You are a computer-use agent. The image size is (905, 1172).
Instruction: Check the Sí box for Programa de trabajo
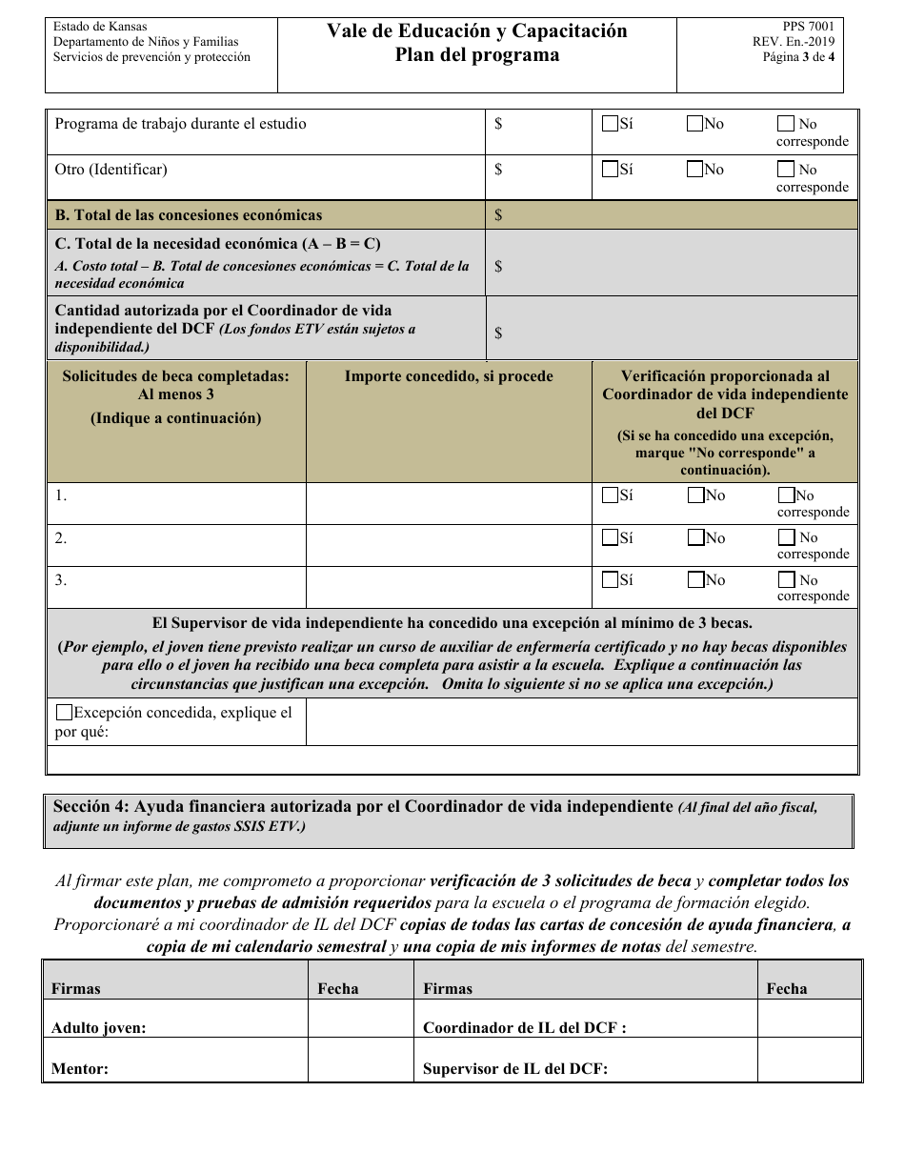coord(610,123)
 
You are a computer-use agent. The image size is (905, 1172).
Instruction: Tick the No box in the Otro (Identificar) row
coord(694,169)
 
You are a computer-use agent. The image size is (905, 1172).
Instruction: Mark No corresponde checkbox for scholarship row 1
coord(786,495)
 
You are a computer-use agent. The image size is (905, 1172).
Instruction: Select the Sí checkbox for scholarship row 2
coord(610,537)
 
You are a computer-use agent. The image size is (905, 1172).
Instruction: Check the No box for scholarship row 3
coord(694,579)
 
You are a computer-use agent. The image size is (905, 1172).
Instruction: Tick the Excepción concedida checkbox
coord(64,712)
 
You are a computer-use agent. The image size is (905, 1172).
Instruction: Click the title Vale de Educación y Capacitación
coord(477,31)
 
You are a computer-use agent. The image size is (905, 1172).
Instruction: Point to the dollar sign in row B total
coord(498,215)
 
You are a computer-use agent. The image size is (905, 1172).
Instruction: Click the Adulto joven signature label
coord(99,1027)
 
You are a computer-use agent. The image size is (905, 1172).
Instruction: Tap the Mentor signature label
coord(80,1068)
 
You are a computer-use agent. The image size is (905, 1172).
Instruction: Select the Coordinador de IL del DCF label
coord(524,1027)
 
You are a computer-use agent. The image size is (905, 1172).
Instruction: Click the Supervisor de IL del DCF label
coord(515,1068)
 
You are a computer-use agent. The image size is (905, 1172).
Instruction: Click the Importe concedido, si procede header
coord(449,376)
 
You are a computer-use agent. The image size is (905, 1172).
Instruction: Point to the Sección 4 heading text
coord(363,806)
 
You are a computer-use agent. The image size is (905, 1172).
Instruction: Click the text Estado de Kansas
coord(100,27)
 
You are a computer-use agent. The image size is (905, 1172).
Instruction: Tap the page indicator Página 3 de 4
coord(798,57)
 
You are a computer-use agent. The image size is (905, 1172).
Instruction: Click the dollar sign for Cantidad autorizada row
coord(498,333)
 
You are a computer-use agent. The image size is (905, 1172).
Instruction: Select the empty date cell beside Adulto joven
coord(360,1019)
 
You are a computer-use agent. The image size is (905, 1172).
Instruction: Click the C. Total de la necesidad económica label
coord(218,244)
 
